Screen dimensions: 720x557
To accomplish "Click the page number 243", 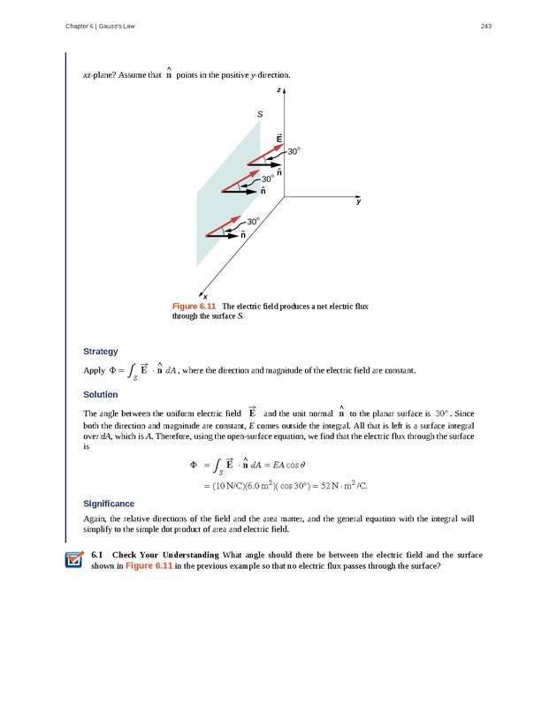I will click(x=485, y=27).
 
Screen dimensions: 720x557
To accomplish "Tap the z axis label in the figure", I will click(x=278, y=91).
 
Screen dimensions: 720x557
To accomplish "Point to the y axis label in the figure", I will click(x=358, y=202).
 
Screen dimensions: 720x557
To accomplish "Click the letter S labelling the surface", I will click(x=259, y=115).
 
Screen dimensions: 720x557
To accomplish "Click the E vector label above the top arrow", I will click(x=278, y=139).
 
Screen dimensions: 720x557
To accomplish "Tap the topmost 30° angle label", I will click(x=294, y=152).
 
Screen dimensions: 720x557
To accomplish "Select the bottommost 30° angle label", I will click(x=255, y=221).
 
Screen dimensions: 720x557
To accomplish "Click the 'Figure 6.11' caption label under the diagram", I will click(x=195, y=307).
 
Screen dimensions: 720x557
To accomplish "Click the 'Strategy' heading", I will click(x=100, y=351).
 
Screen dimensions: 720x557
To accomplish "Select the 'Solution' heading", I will click(x=100, y=394).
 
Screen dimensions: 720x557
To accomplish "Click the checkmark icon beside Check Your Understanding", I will click(x=74, y=560).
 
